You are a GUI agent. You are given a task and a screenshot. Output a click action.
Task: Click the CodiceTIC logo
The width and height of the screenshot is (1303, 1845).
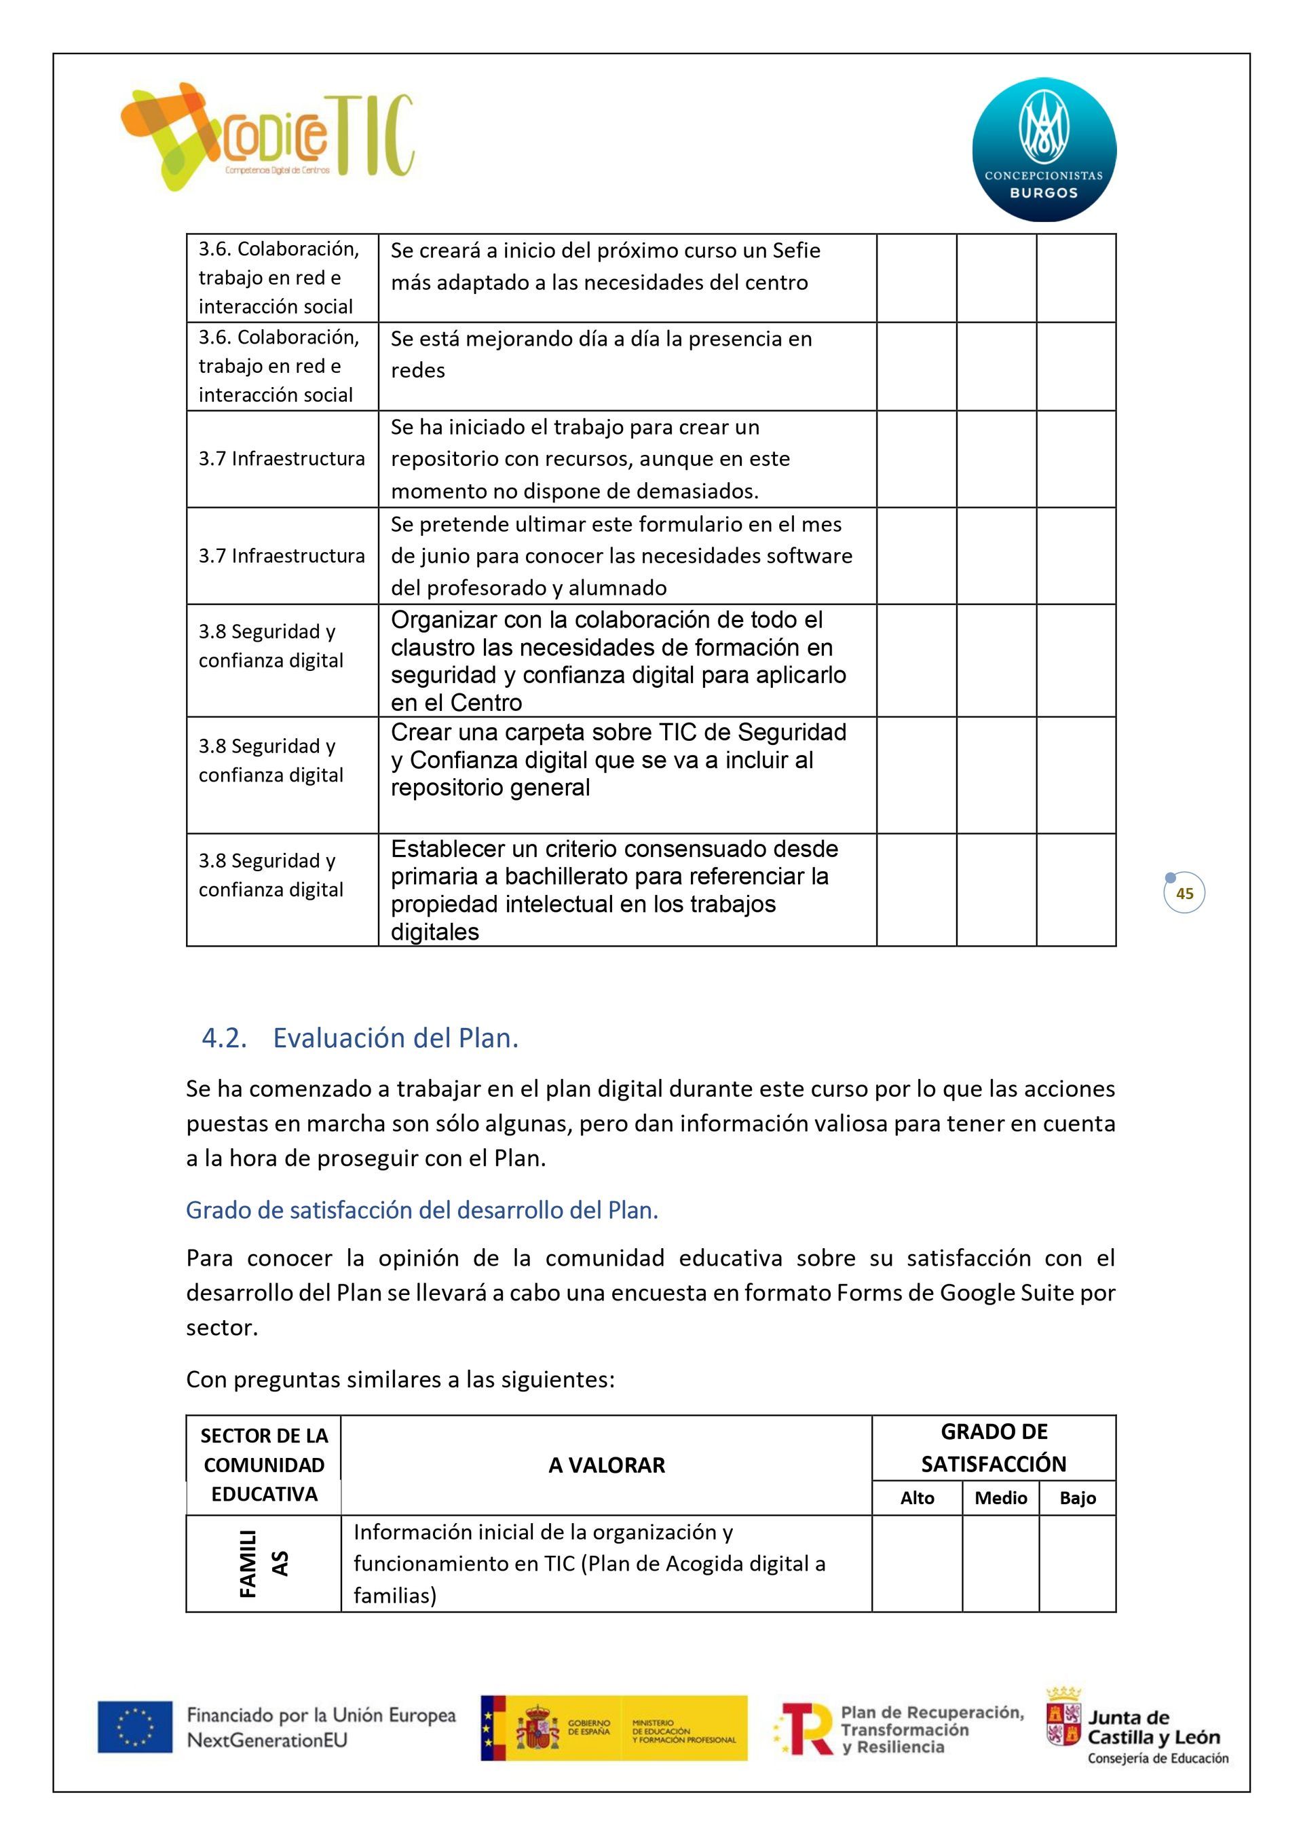(267, 136)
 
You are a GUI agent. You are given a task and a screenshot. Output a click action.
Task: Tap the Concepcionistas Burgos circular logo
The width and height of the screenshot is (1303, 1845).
(1044, 149)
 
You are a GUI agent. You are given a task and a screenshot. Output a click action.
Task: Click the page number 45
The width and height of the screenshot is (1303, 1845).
(1184, 893)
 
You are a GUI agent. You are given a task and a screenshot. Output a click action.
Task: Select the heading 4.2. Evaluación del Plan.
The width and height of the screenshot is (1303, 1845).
(360, 1038)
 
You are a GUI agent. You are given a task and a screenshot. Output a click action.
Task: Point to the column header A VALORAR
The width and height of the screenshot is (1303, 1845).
(607, 1465)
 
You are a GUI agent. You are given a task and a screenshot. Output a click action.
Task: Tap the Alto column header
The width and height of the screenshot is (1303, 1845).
(917, 1499)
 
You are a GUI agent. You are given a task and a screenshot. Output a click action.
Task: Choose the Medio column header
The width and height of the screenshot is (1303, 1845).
(1000, 1499)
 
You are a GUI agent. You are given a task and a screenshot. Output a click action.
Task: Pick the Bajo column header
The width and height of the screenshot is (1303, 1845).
(1077, 1499)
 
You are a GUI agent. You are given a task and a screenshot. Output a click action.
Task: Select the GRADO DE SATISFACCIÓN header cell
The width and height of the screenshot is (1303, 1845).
(994, 1448)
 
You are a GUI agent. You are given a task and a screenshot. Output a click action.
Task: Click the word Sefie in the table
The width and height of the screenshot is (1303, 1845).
(796, 251)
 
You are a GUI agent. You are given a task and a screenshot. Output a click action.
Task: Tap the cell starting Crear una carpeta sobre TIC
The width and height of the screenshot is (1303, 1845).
(618, 760)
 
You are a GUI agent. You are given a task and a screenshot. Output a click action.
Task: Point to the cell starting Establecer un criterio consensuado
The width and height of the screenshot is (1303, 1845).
(615, 890)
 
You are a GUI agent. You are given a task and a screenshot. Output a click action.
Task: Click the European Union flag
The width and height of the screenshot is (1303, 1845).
(135, 1727)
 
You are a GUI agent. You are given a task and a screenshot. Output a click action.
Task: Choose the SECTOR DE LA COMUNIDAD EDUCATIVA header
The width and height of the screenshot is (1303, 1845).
(263, 1465)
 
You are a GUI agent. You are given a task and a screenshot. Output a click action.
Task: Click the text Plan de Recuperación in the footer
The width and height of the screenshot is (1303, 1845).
(932, 1713)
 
